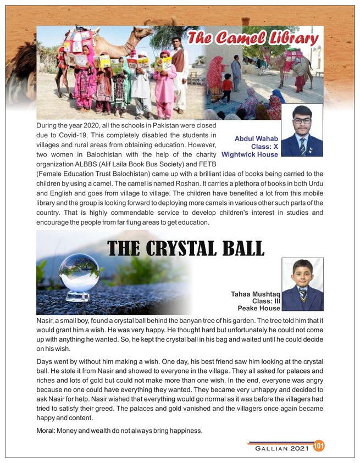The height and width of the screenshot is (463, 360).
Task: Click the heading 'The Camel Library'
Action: [252, 39]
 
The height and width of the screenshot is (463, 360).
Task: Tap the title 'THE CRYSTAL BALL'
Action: [186, 248]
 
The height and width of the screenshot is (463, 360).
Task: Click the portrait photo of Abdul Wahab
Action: [301, 131]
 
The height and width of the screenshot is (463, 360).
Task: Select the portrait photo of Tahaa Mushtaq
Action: [302, 284]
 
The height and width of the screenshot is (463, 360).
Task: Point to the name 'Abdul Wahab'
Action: [256, 138]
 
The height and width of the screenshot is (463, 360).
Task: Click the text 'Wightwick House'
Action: [250, 155]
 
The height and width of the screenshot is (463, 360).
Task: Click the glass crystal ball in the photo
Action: [79, 272]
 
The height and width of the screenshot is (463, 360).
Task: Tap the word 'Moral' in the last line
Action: [45, 429]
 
